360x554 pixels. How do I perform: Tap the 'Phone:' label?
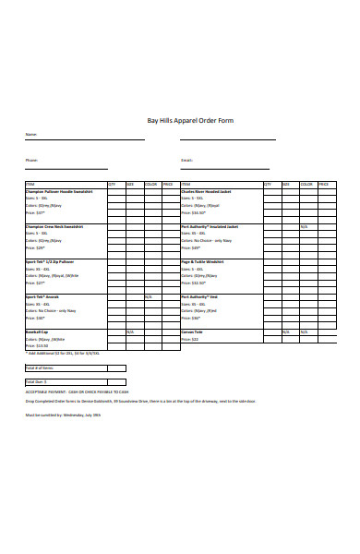coord(31,160)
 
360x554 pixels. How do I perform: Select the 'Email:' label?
coord(187,160)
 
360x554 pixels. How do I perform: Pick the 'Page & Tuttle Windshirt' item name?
coord(202,261)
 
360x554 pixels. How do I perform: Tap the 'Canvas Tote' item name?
coord(191,331)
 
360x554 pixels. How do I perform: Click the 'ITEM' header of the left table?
coord(30,184)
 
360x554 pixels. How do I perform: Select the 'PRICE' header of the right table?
coord(326,184)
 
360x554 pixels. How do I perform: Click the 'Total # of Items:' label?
coord(40,367)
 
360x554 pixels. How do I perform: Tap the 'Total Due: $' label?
coord(36,381)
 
